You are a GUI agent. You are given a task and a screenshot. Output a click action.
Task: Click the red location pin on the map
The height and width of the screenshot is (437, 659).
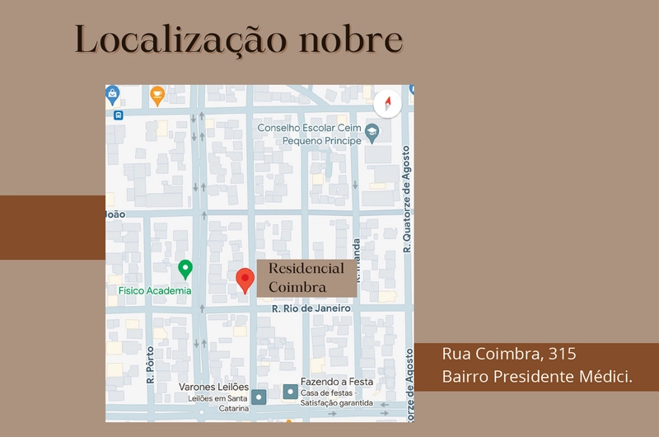coord(245,280)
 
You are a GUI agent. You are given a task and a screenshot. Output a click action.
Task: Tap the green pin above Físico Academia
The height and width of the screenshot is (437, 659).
coord(185,269)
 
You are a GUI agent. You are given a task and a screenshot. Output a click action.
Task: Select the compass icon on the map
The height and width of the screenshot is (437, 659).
coord(387,105)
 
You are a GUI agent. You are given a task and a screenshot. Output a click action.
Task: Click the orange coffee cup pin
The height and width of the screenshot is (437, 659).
coord(157,96)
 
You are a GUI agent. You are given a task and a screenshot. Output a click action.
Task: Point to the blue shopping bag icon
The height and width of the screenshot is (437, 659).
coord(113,95)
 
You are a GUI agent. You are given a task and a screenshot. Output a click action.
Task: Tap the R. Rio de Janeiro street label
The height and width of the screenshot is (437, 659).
coord(311,308)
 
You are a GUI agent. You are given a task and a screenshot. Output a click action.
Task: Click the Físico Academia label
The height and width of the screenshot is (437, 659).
coord(154,290)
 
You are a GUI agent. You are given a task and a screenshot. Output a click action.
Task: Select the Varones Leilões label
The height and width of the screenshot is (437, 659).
coord(214,386)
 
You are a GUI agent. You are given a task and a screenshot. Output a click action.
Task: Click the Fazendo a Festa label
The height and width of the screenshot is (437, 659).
coord(337,382)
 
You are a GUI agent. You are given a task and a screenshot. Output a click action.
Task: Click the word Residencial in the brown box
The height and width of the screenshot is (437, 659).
coord(306,269)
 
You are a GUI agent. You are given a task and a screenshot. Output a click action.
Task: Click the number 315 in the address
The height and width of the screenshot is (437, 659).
coord(562,355)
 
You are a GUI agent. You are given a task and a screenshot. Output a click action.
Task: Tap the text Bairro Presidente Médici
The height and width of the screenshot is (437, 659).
coord(537,377)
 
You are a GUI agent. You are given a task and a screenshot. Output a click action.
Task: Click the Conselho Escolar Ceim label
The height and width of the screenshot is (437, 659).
coord(309,128)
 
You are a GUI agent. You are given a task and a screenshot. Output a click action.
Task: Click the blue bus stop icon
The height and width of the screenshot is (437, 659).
coord(118,115)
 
